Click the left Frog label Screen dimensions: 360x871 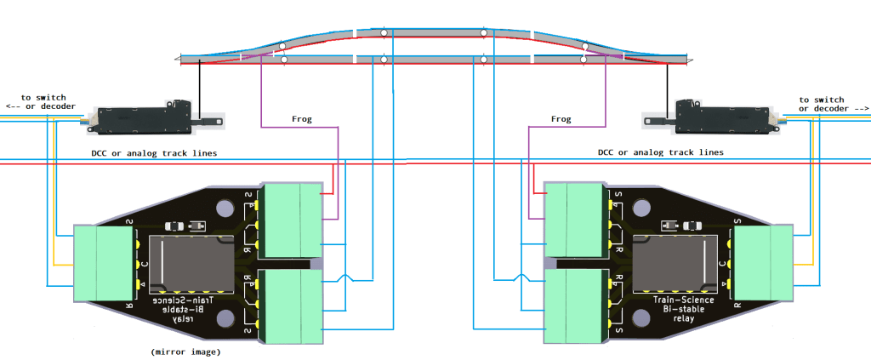pyautogui.click(x=301, y=119)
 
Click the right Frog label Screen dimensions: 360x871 pyautogui.click(x=561, y=119)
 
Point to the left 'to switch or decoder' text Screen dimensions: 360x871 pyautogui.click(x=40, y=103)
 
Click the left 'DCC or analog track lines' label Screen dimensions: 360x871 pyautogui.click(x=154, y=153)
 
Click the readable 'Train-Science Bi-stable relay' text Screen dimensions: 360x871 pyautogui.click(x=684, y=309)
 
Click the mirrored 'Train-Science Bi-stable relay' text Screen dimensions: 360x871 pyautogui.click(x=185, y=309)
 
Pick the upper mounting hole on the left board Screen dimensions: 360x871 pyautogui.click(x=225, y=208)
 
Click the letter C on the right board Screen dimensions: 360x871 pyautogui.click(x=722, y=264)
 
